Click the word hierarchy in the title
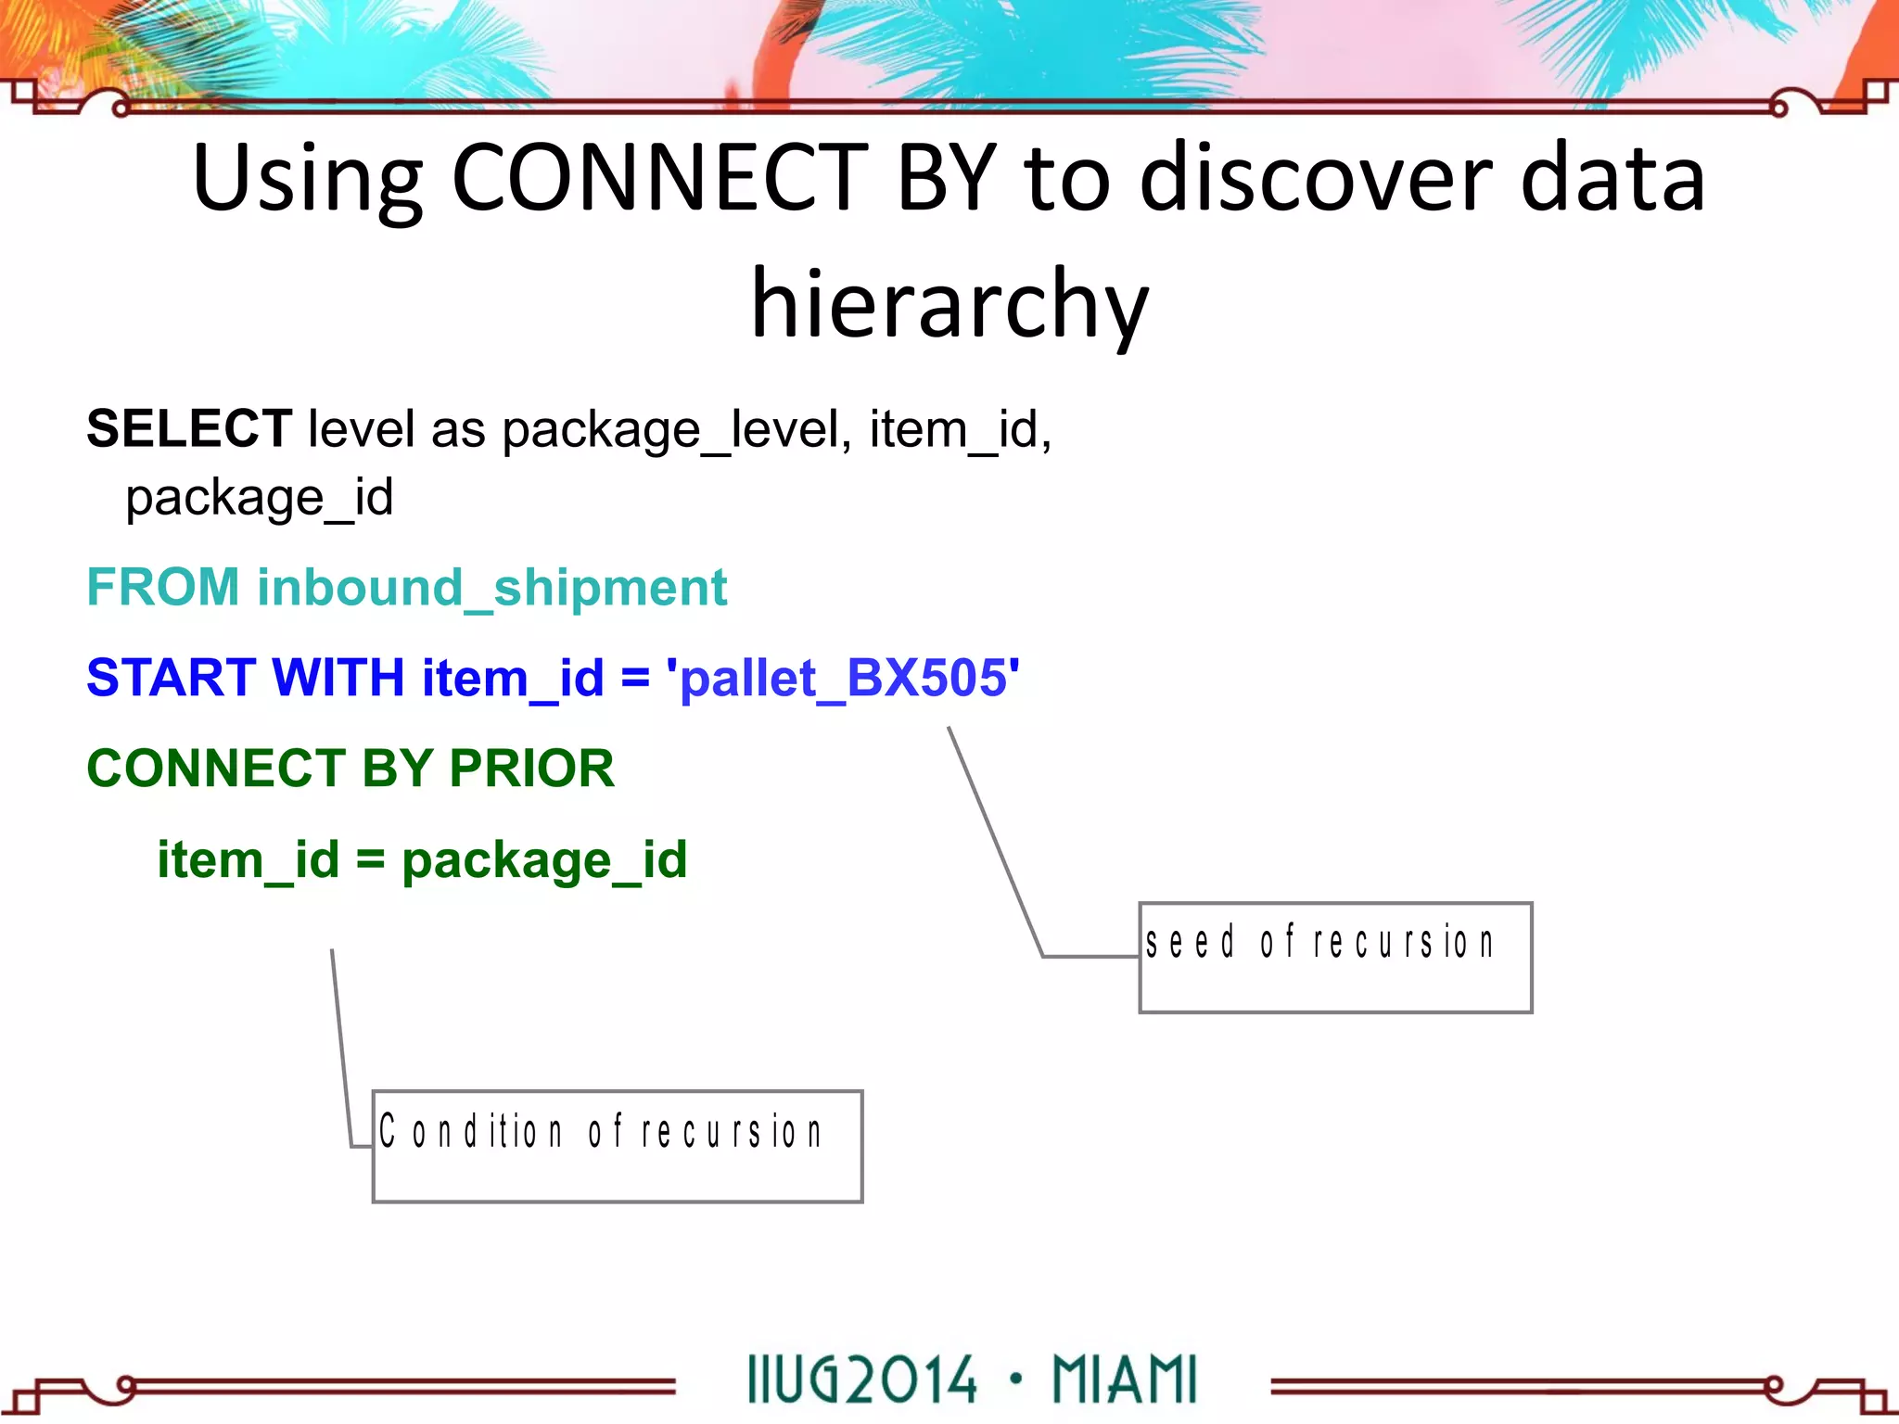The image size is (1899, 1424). click(x=949, y=302)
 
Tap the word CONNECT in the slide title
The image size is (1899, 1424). click(x=658, y=178)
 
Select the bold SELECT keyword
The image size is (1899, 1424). click(x=189, y=428)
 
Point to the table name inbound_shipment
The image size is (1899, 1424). click(x=491, y=588)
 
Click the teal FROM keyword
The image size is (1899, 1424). click(x=163, y=588)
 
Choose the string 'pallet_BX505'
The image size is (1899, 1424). click(x=844, y=678)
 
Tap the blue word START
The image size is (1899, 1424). click(x=171, y=678)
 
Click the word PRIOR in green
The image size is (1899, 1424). click(x=531, y=769)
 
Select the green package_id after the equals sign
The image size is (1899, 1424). click(x=544, y=860)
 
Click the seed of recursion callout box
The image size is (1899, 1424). click(x=1335, y=958)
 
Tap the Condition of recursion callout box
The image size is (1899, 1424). click(x=618, y=1147)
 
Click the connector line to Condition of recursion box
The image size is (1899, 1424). click(x=341, y=1048)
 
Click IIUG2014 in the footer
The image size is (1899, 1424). click(x=862, y=1380)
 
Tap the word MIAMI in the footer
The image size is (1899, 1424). click(x=1125, y=1380)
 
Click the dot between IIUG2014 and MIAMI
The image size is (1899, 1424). click(x=1016, y=1377)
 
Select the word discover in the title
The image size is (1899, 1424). click(x=1317, y=178)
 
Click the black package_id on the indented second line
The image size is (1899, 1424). click(x=260, y=499)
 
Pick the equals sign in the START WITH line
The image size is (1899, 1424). click(x=635, y=678)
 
